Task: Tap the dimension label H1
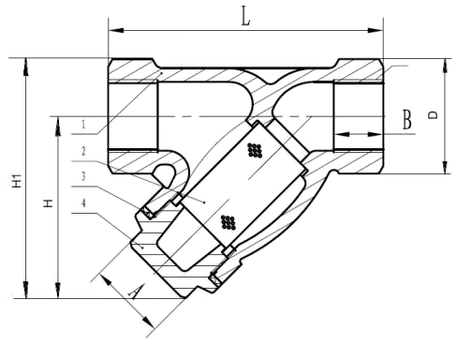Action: pos(17,181)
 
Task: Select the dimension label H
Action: pos(48,203)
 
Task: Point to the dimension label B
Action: pos(406,120)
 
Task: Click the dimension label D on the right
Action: pos(433,115)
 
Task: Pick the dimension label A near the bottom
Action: pos(135,292)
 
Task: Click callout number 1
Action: pos(83,125)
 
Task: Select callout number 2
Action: pos(83,151)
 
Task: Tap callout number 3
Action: pos(83,176)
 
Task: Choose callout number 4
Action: pos(83,203)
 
